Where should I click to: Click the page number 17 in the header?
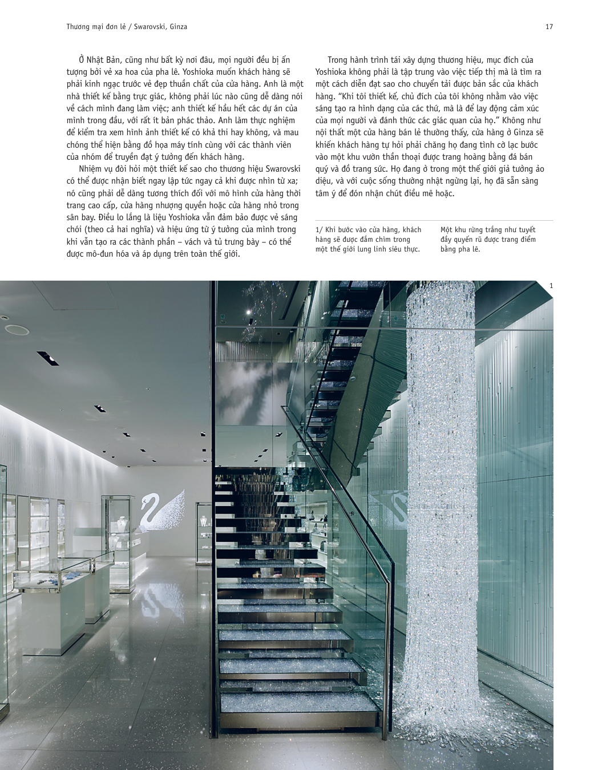(549, 27)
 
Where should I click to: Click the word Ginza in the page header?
(177, 27)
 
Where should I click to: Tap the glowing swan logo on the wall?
(163, 509)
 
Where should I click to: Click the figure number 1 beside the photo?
(551, 286)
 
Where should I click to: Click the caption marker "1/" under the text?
(319, 230)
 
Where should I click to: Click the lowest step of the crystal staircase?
(301, 702)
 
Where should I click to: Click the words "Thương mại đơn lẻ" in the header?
(94, 27)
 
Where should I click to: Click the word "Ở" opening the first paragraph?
(82, 60)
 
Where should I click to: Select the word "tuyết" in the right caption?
(525, 230)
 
